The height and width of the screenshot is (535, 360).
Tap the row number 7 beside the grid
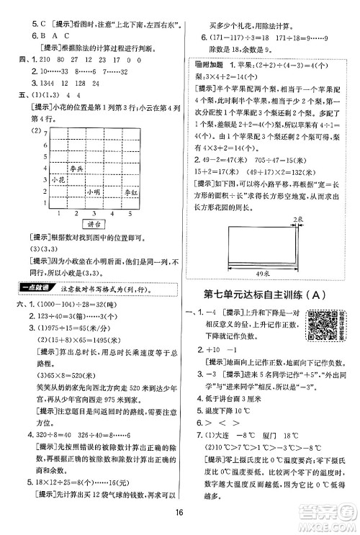click(45, 135)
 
